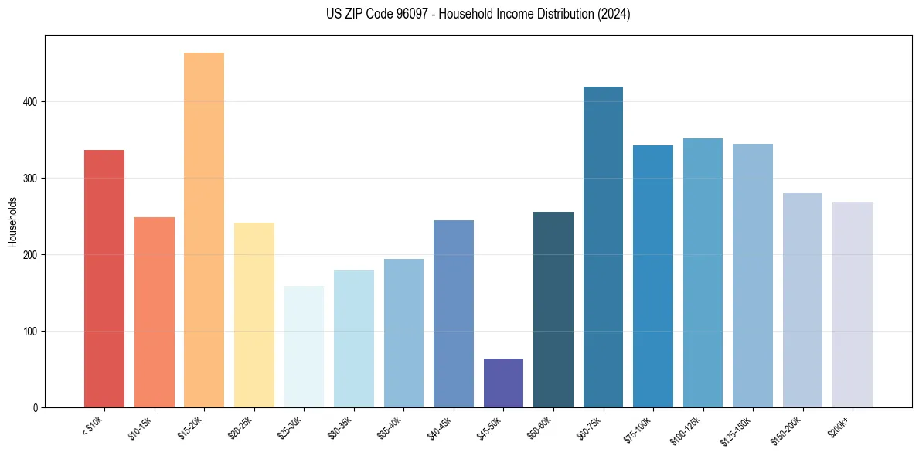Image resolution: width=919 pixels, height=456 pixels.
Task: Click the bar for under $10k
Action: [104, 278]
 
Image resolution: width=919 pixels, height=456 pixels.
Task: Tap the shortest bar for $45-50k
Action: [503, 383]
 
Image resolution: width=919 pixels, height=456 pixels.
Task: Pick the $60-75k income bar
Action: [603, 247]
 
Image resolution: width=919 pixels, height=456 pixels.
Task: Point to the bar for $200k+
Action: [853, 305]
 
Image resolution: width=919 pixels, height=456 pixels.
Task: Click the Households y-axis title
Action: [12, 221]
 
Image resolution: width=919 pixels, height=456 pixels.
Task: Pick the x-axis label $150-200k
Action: [786, 429]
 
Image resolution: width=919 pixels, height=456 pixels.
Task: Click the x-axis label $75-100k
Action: [638, 429]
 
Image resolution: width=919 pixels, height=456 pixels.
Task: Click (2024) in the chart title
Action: [614, 14]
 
